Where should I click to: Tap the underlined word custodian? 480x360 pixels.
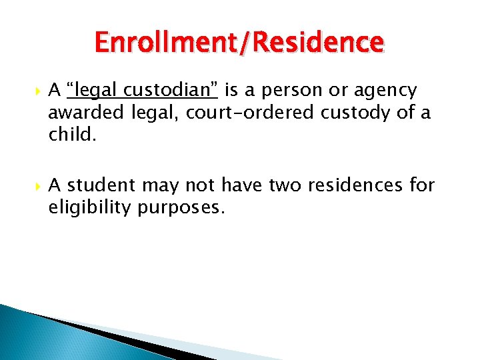[173, 90]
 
